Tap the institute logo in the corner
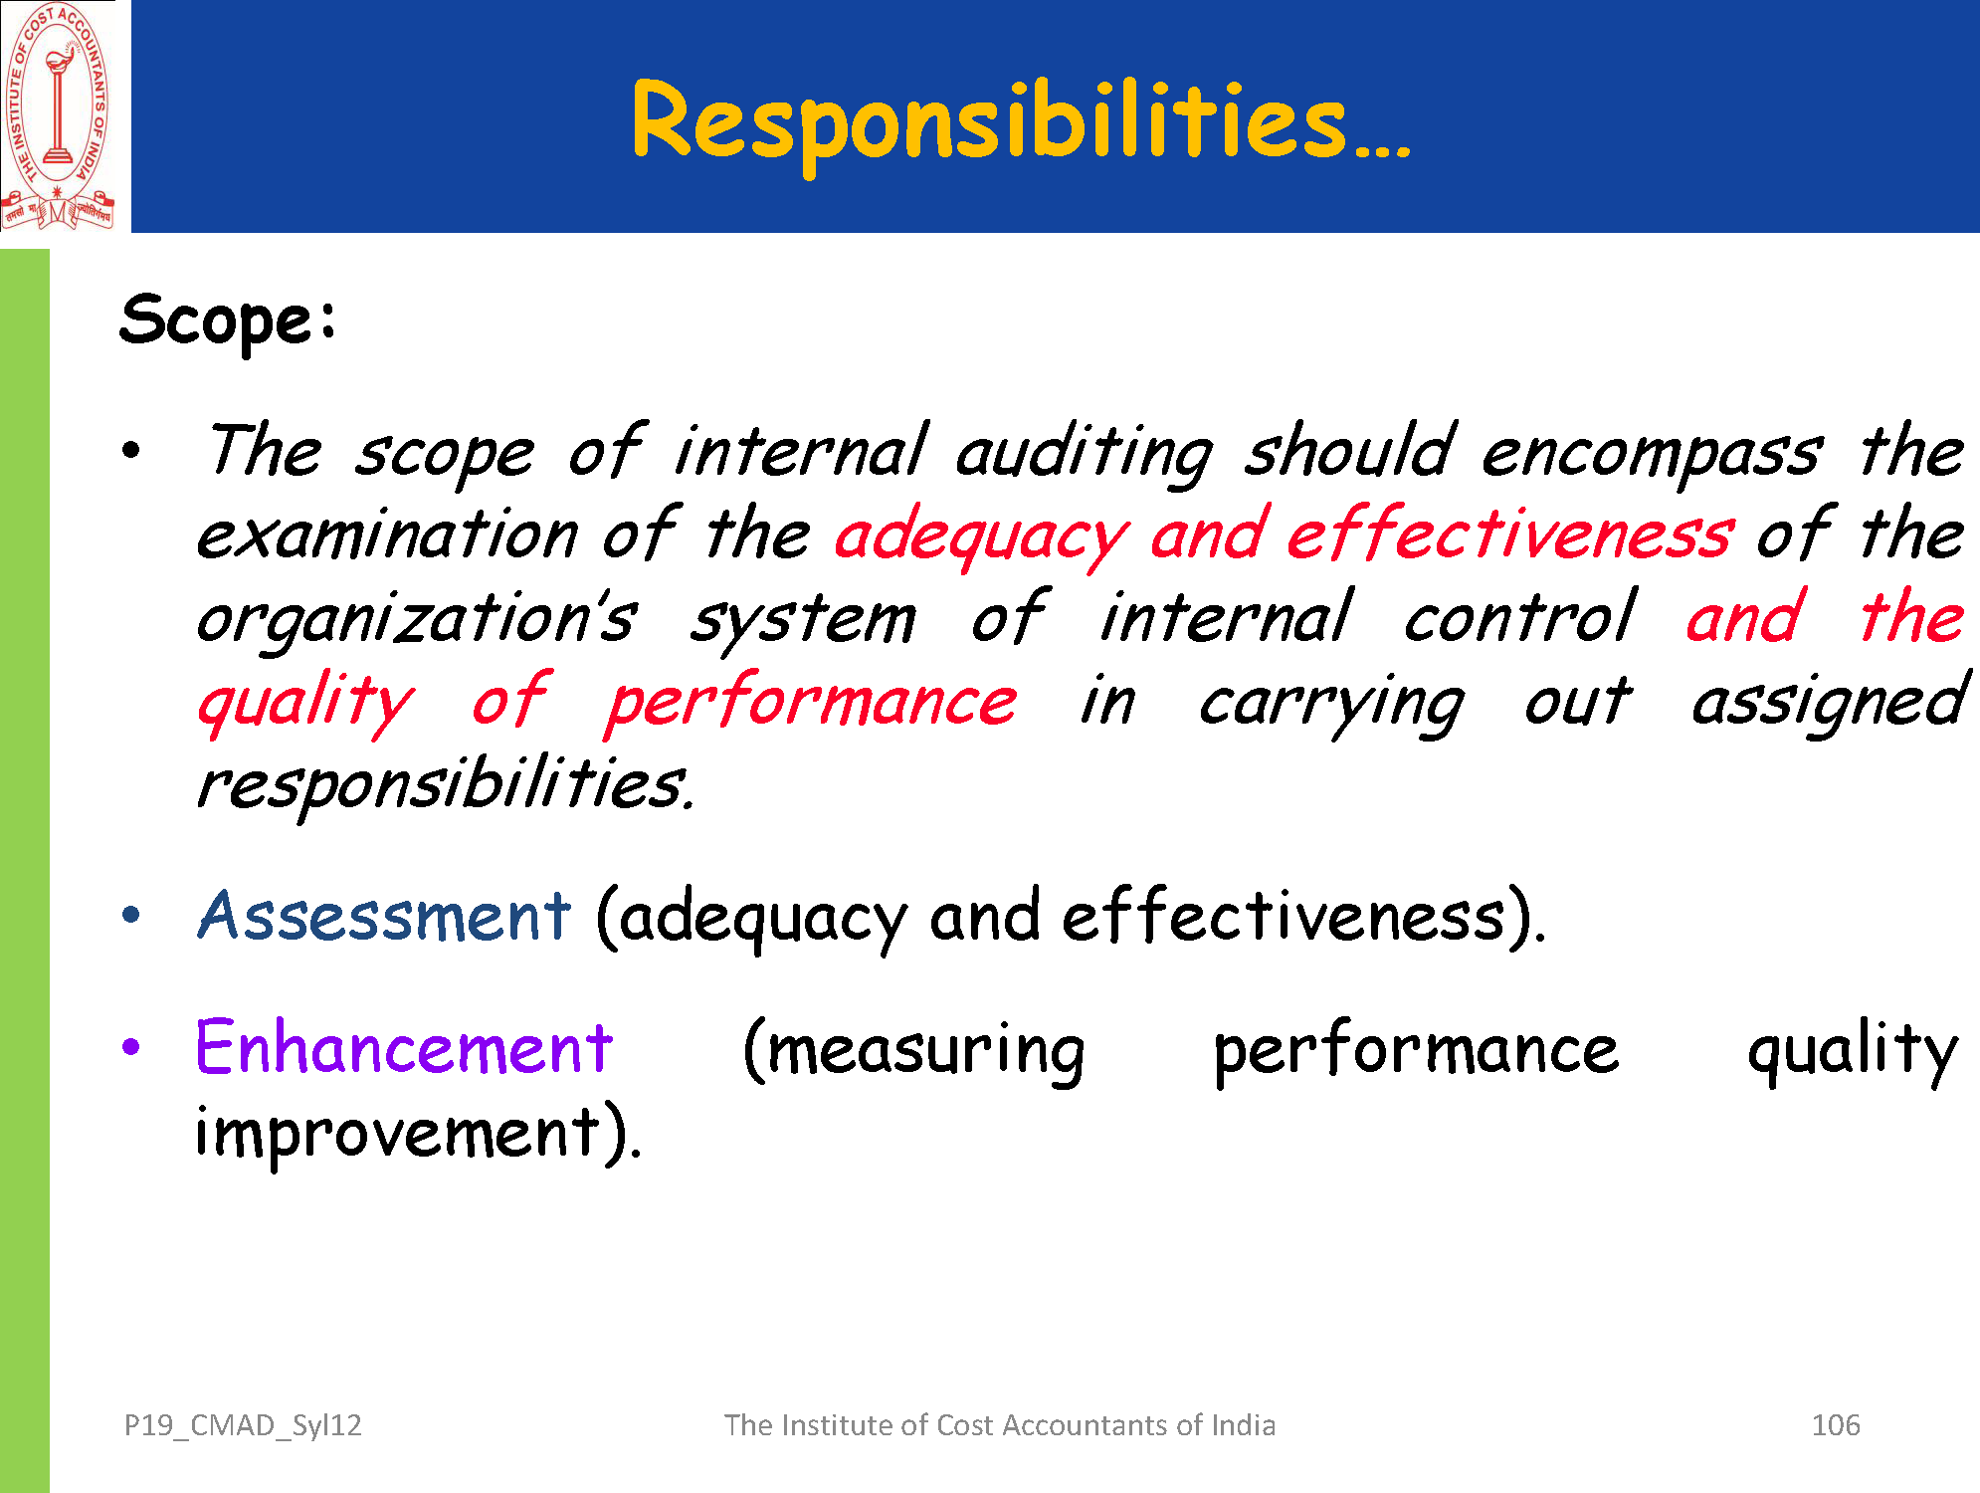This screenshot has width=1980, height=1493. click(x=58, y=115)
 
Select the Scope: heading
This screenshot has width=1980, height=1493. click(x=229, y=321)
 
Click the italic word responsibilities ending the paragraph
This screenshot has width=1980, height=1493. click(x=445, y=785)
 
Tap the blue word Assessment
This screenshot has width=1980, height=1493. click(x=384, y=915)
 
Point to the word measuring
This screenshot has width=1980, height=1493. click(x=914, y=1051)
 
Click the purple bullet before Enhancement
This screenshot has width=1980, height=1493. click(x=131, y=1046)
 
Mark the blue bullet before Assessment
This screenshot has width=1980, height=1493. click(x=131, y=914)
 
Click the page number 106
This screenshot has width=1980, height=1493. click(x=1836, y=1425)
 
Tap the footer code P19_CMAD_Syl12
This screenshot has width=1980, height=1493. click(x=243, y=1426)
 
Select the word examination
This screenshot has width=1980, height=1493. click(x=388, y=535)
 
